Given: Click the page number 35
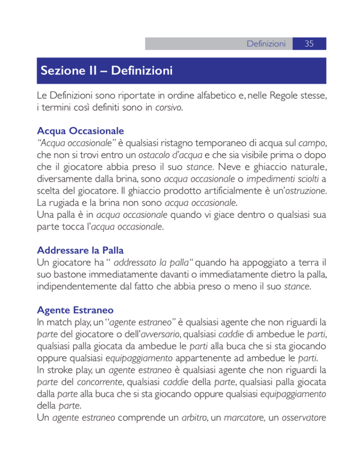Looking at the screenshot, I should (309, 44).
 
